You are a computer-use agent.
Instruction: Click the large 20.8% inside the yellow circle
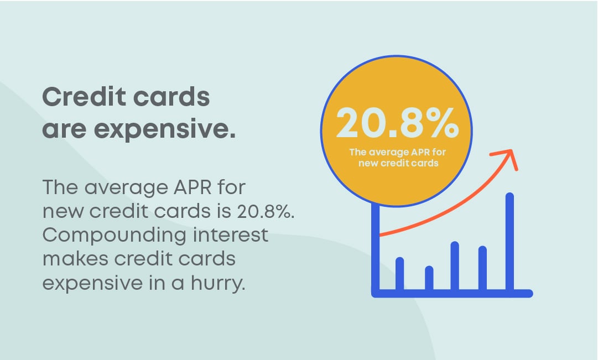point(397,124)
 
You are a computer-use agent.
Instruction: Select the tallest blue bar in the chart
point(510,242)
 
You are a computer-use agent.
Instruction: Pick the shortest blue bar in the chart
point(429,278)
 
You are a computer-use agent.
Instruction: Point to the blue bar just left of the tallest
point(482,268)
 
